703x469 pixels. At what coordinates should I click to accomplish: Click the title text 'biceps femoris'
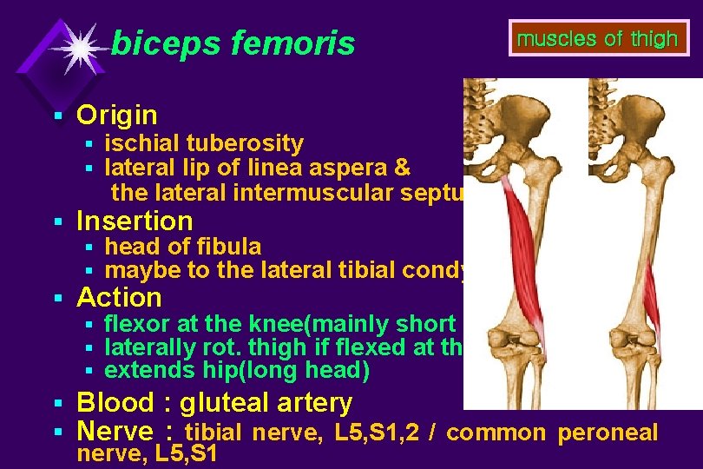233,43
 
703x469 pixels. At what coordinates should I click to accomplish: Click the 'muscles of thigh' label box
597,39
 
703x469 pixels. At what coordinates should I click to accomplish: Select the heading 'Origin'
117,115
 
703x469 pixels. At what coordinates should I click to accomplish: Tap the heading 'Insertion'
135,221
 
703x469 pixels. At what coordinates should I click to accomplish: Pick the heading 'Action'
119,297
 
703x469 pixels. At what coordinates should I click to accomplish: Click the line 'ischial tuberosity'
204,143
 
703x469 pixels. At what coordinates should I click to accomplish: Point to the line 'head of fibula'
182,247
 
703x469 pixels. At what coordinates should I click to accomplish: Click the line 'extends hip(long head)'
237,371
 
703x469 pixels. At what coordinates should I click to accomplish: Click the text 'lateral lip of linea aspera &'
257,167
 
